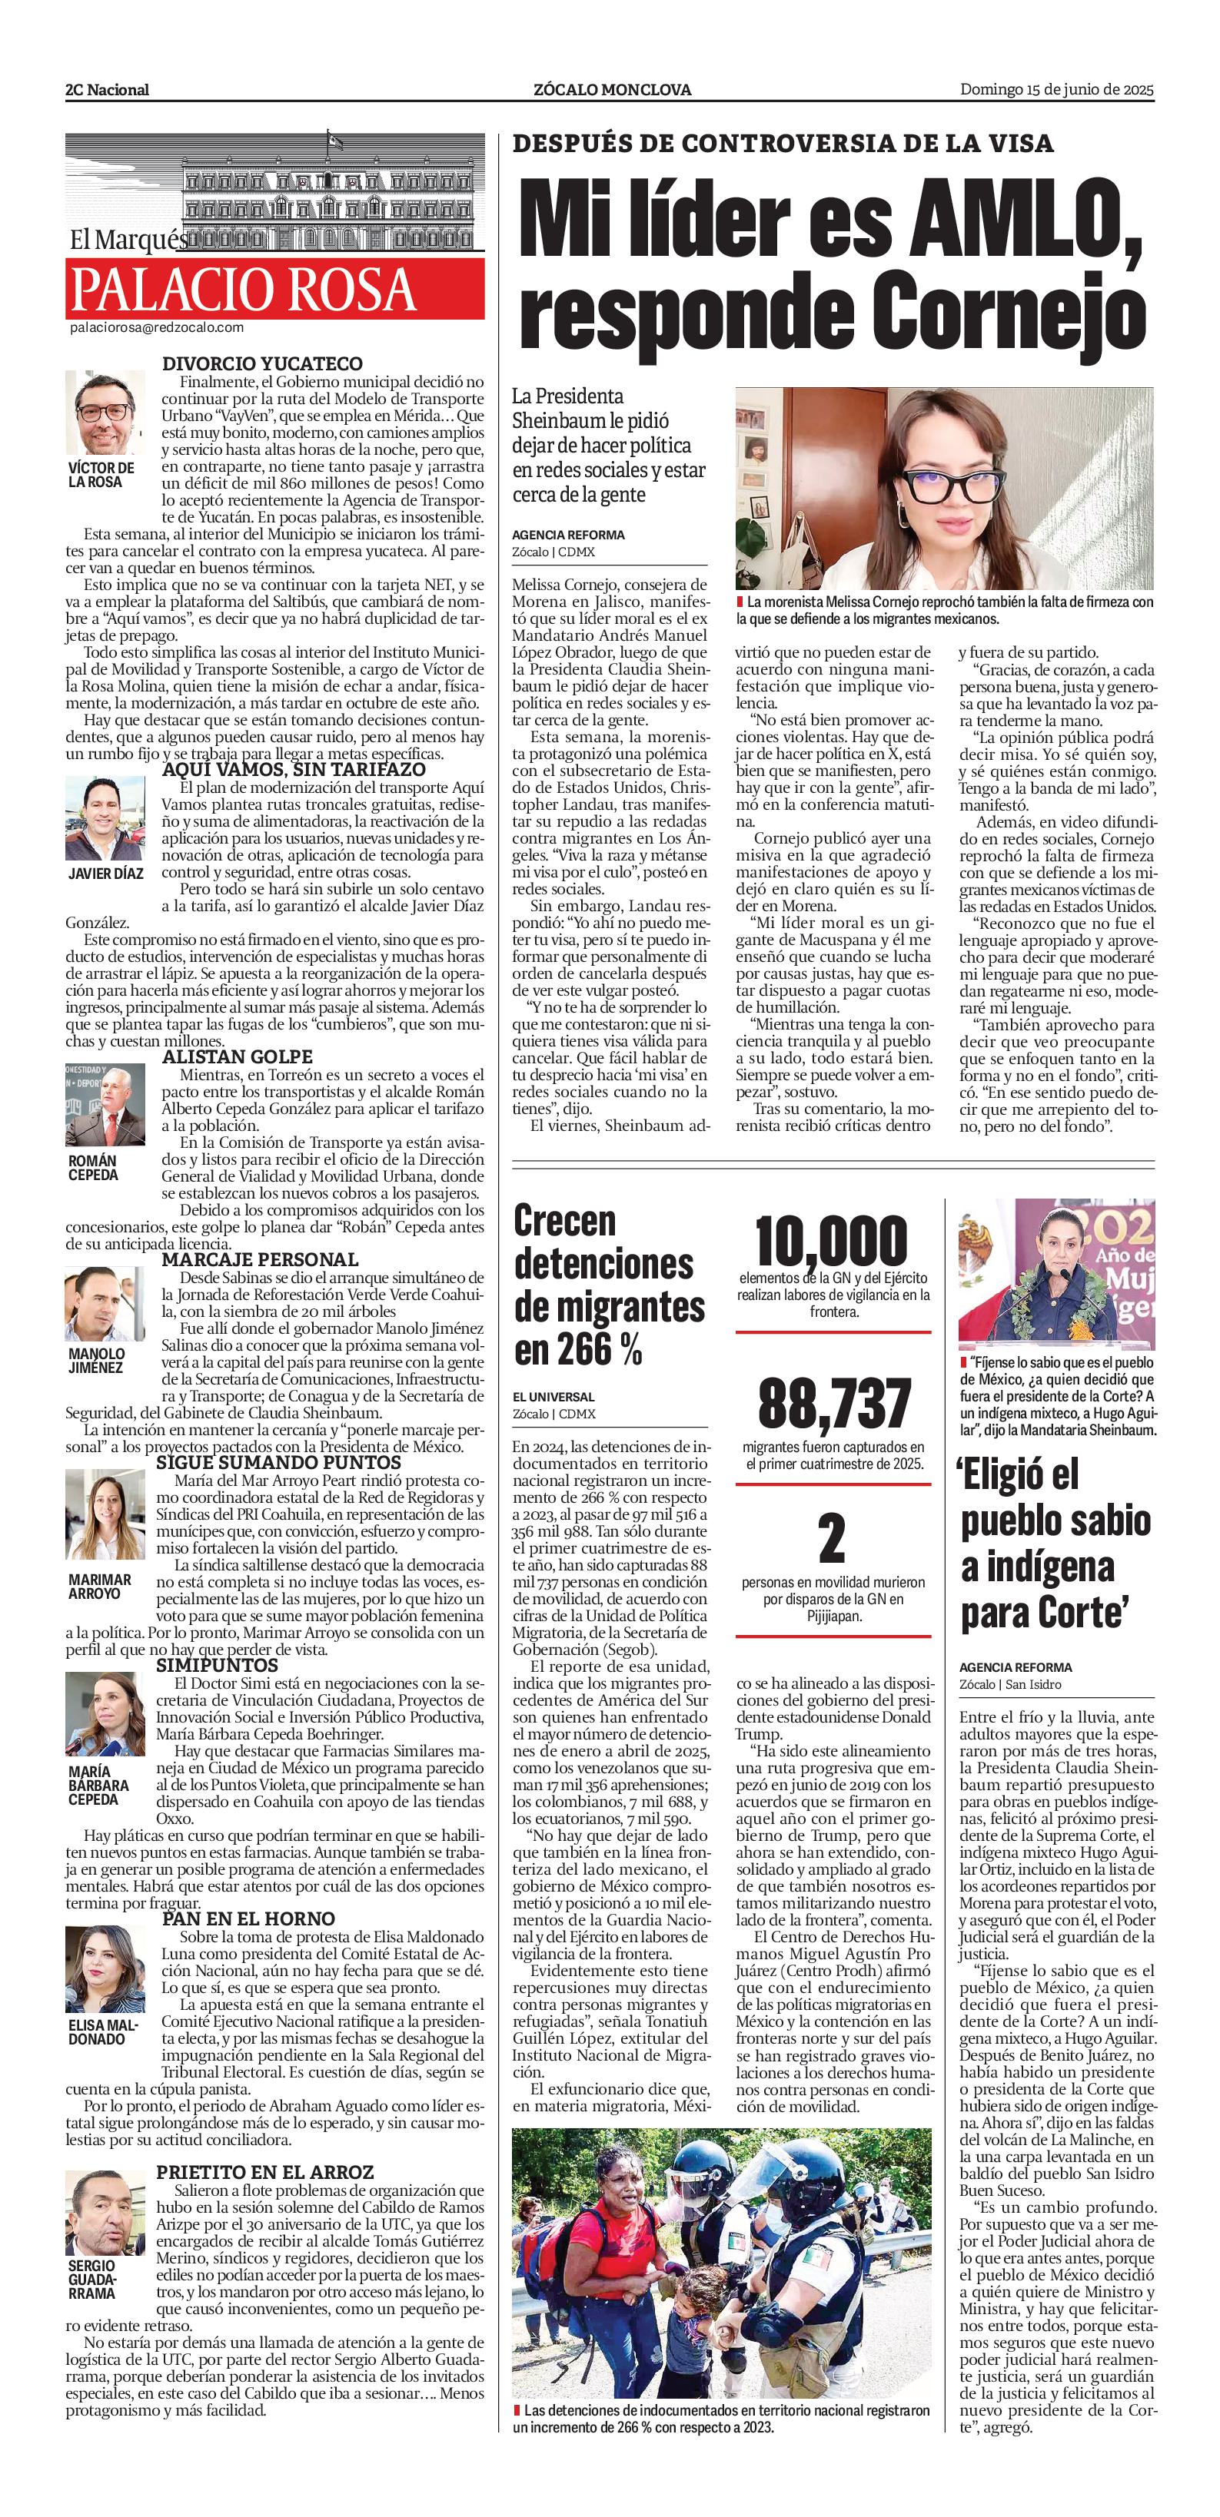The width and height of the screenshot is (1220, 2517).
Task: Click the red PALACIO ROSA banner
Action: tap(274, 288)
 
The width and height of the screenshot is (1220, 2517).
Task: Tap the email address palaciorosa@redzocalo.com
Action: tap(156, 328)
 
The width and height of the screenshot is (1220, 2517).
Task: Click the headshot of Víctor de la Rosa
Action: tap(105, 413)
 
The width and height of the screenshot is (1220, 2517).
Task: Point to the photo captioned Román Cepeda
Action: tap(105, 1104)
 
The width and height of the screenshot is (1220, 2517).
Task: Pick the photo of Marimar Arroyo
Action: tap(105, 1514)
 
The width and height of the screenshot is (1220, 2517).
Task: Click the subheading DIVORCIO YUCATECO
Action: tap(262, 363)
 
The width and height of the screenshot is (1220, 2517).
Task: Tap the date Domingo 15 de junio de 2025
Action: tap(1057, 89)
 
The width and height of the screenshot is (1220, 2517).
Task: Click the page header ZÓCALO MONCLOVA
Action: tap(612, 90)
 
